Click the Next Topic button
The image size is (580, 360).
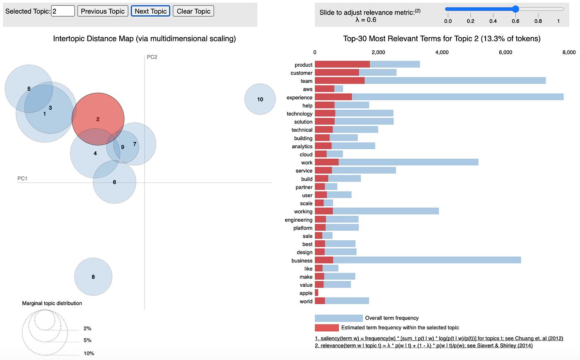(x=150, y=11)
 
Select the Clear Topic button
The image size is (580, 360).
(x=193, y=11)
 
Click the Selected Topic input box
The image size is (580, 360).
(x=63, y=11)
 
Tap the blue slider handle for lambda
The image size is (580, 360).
(x=515, y=9)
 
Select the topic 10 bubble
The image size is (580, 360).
(x=260, y=99)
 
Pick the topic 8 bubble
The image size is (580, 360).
(x=93, y=277)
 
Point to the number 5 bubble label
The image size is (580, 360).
(x=29, y=89)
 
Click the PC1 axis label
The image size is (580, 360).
(x=22, y=179)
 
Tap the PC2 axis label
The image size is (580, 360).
(x=152, y=57)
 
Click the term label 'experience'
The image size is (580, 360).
(x=300, y=98)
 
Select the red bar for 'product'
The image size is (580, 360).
(x=342, y=64)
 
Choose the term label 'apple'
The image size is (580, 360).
(x=306, y=293)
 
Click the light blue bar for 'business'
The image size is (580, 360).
(x=427, y=260)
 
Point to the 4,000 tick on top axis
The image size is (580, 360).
(x=442, y=52)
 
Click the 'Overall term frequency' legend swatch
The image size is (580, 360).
(x=338, y=318)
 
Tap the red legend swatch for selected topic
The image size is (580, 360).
(x=326, y=328)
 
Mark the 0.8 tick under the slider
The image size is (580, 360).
(x=538, y=21)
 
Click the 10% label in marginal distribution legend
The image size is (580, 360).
(x=89, y=353)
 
